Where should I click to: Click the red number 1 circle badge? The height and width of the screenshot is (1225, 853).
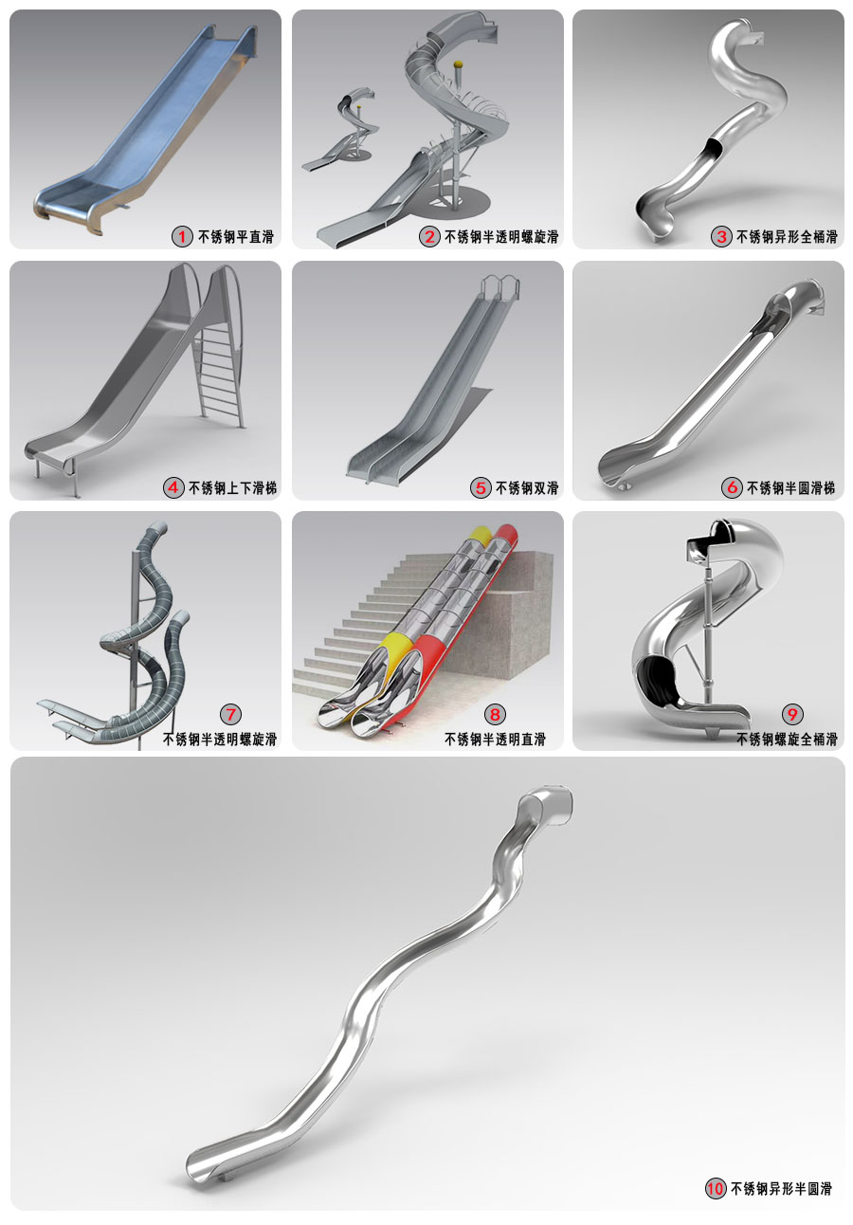pyautogui.click(x=182, y=237)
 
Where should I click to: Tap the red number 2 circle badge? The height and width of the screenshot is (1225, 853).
pyautogui.click(x=429, y=237)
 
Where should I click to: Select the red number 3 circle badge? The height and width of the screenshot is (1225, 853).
pyautogui.click(x=721, y=237)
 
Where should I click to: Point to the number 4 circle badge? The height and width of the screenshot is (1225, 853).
pyautogui.click(x=173, y=487)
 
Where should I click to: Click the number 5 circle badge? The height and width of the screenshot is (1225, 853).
pyautogui.click(x=481, y=487)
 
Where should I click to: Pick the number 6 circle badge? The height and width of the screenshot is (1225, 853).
pyautogui.click(x=732, y=487)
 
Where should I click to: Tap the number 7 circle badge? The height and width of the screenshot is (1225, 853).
pyautogui.click(x=230, y=714)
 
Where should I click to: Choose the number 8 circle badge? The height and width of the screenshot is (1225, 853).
pyautogui.click(x=495, y=714)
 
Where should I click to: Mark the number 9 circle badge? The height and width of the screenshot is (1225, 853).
pyautogui.click(x=792, y=714)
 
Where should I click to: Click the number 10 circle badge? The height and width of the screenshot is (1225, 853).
pyautogui.click(x=716, y=1188)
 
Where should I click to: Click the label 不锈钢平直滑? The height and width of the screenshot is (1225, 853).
pyautogui.click(x=236, y=237)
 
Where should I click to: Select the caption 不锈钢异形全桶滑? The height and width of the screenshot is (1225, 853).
pyautogui.click(x=787, y=237)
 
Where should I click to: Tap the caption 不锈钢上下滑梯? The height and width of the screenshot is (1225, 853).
pyautogui.click(x=232, y=487)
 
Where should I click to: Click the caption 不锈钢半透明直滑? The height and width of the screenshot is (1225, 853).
pyautogui.click(x=495, y=740)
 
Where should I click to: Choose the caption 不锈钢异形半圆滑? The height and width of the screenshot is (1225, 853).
pyautogui.click(x=781, y=1188)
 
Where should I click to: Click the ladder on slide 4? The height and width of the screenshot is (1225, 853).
pyautogui.click(x=219, y=372)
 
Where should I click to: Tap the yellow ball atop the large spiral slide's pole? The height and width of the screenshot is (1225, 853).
pyautogui.click(x=458, y=64)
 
